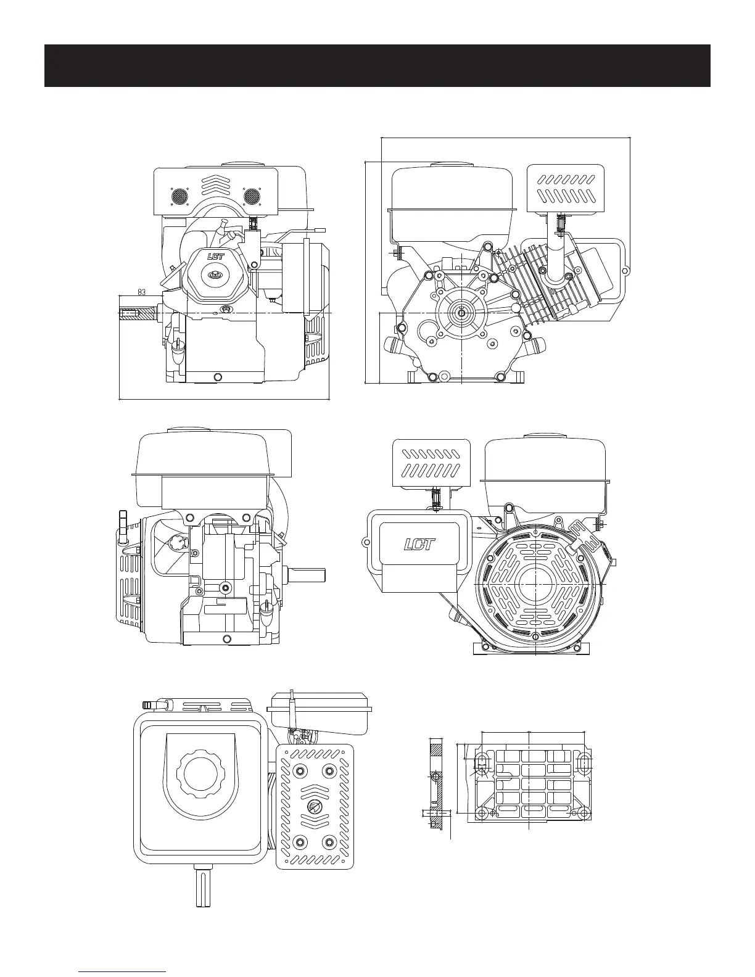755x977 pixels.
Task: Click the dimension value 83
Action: [x=141, y=292]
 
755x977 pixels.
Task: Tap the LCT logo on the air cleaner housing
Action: [x=419, y=544]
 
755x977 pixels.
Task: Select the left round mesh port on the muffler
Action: [x=179, y=197]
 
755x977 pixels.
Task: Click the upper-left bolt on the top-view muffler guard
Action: [x=300, y=770]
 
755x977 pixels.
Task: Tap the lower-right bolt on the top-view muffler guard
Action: [x=329, y=843]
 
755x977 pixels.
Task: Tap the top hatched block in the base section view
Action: [x=435, y=748]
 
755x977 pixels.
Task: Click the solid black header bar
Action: [x=377, y=65]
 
